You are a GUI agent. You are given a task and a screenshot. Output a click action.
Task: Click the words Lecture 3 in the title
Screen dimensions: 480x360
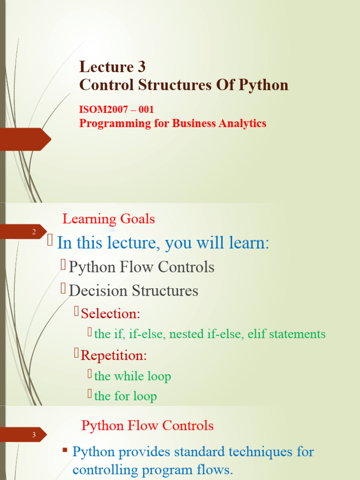(112, 67)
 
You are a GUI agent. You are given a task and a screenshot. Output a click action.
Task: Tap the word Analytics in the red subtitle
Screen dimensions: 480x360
(243, 123)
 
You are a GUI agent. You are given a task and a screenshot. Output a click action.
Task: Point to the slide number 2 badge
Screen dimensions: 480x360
(34, 232)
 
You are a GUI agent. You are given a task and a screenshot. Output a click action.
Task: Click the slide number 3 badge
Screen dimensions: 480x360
(34, 435)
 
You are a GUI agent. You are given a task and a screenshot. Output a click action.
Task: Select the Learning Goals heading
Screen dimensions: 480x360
(109, 219)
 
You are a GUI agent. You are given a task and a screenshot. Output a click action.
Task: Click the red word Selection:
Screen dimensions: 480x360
(111, 313)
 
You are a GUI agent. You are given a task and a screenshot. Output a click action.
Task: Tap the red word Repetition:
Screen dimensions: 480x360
(114, 355)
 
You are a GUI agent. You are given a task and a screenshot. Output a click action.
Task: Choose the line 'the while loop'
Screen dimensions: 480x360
(133, 376)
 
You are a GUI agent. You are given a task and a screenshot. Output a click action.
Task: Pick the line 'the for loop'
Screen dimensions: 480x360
(125, 396)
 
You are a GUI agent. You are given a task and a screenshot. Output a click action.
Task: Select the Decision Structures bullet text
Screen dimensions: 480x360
(134, 291)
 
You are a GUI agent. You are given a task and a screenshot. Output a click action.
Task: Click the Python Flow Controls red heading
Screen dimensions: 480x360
(148, 426)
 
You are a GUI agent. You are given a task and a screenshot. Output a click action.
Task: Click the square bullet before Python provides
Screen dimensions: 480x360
(66, 450)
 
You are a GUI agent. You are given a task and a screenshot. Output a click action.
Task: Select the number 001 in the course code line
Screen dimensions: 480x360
(146, 110)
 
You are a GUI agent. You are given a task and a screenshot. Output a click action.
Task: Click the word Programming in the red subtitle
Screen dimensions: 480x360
(109, 123)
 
